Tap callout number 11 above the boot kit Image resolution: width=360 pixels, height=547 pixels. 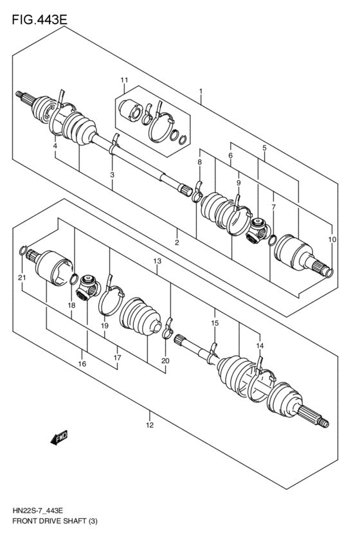coord(125,80)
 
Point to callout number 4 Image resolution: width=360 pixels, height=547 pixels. coord(55,147)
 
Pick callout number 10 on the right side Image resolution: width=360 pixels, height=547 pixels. coord(332,239)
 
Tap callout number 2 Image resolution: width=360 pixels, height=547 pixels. coord(176,242)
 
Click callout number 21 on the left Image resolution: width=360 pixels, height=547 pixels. coord(21,277)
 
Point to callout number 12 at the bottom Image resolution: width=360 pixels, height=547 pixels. coord(149,425)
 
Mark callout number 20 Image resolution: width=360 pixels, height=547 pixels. coord(165,361)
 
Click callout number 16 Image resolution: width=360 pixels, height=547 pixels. coord(82,364)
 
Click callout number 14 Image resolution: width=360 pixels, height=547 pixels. coord(260,346)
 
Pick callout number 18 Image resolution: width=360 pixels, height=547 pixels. coord(72,307)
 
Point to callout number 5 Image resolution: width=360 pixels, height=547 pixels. coord(264,148)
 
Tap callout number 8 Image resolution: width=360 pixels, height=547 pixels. coord(199,163)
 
